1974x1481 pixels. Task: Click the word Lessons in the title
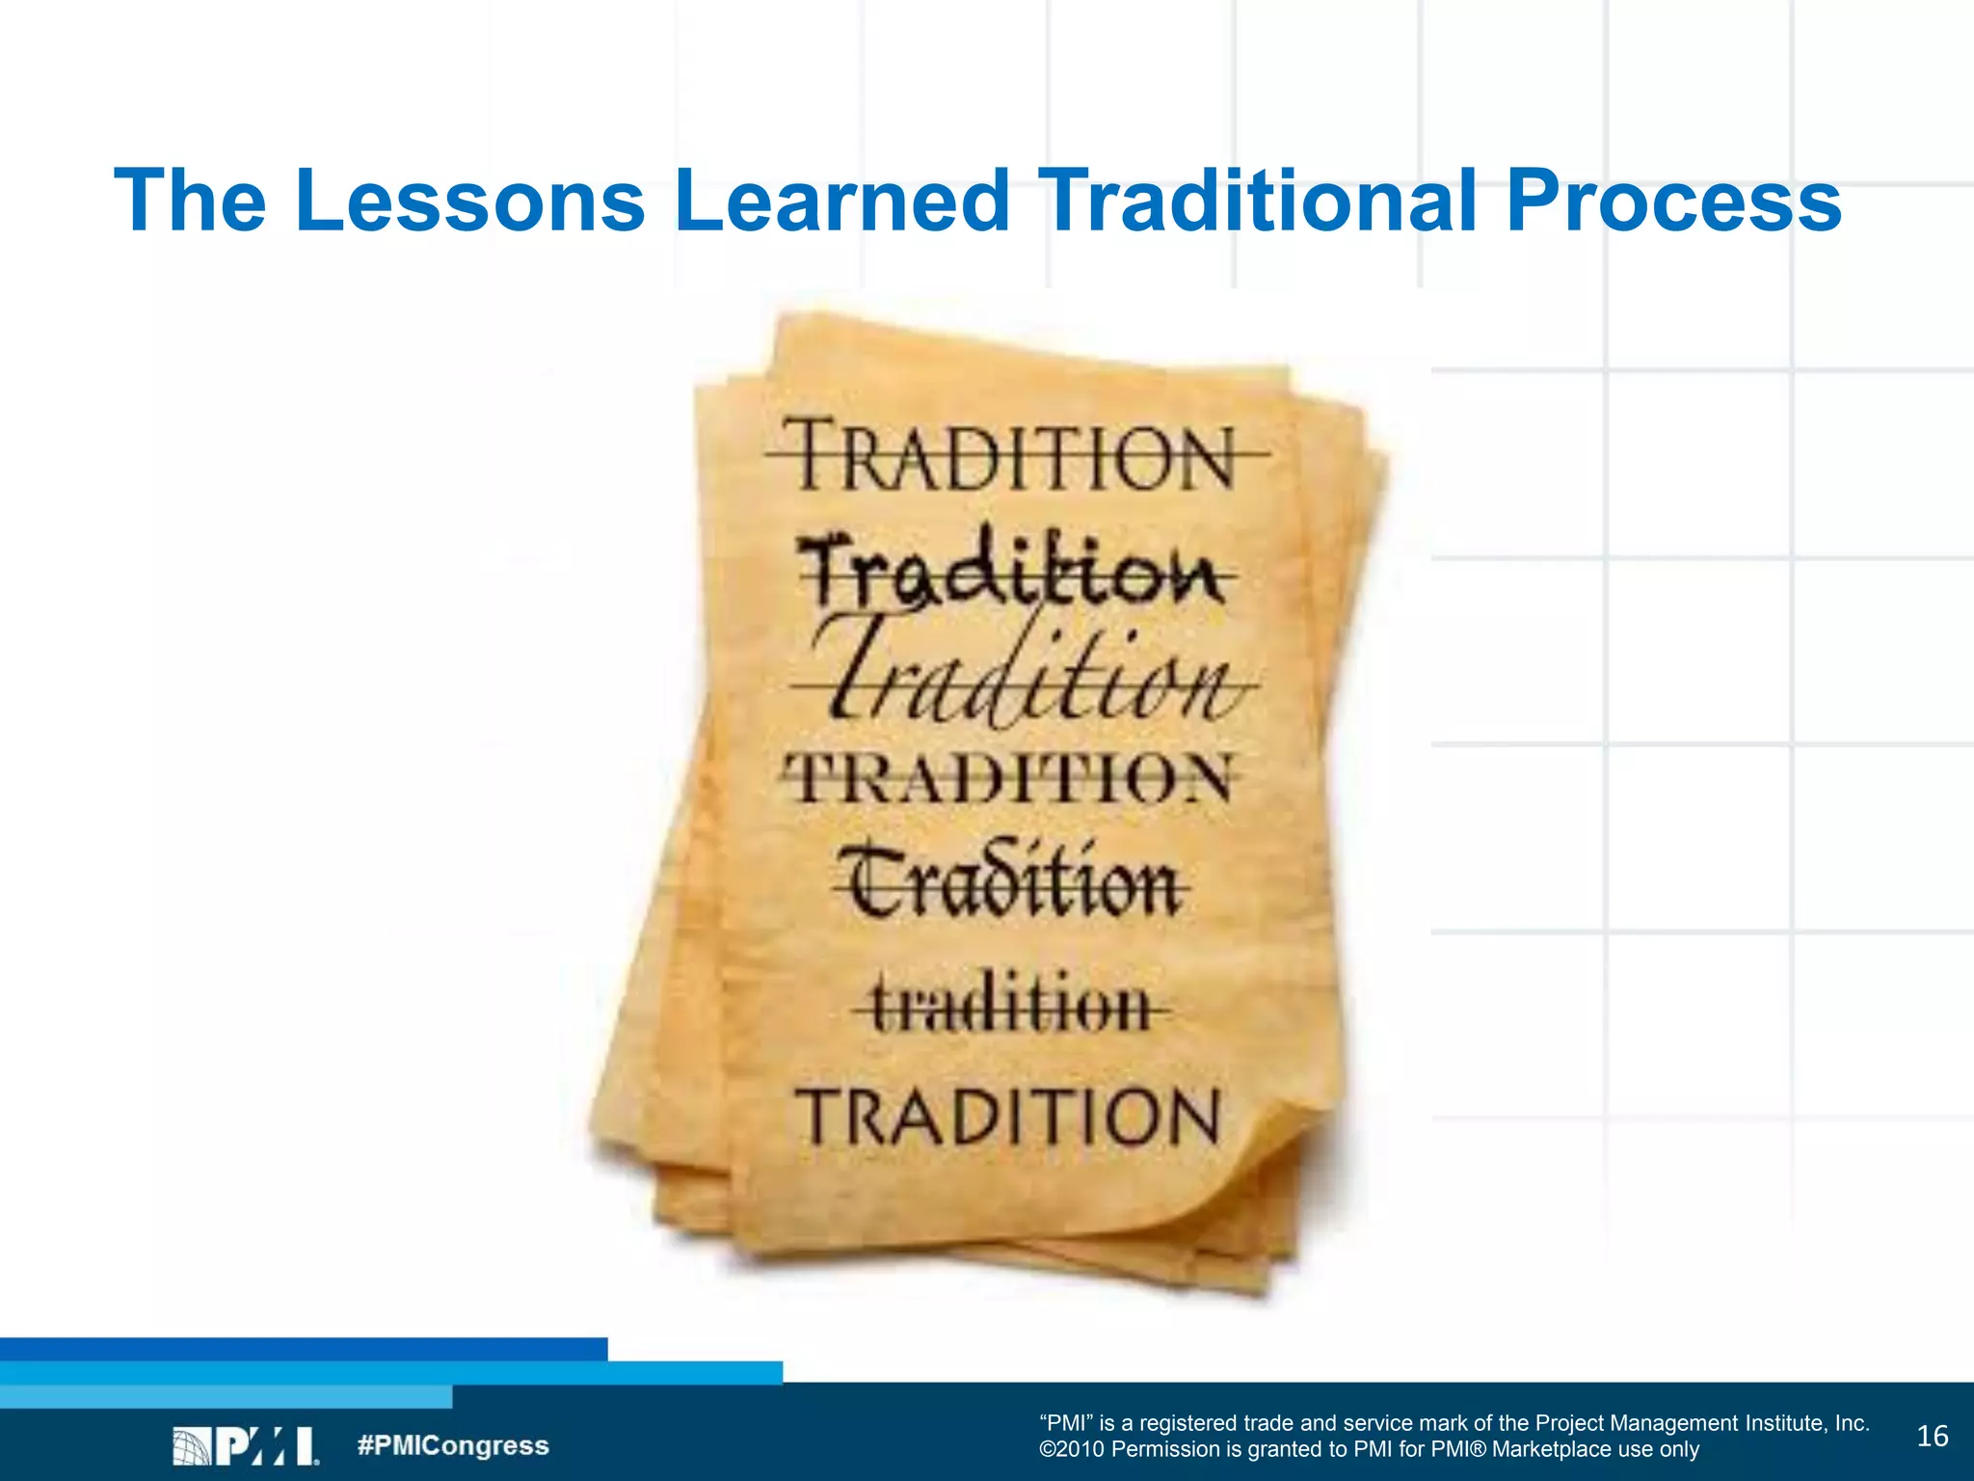coord(469,201)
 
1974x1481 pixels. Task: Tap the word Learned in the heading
coord(840,201)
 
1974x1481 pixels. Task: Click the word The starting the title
coord(190,201)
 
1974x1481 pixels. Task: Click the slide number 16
coord(1933,1437)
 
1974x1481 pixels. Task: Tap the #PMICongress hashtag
coord(453,1445)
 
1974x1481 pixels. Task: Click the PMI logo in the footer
coord(246,1446)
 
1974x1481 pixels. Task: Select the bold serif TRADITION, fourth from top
coord(1008,777)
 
